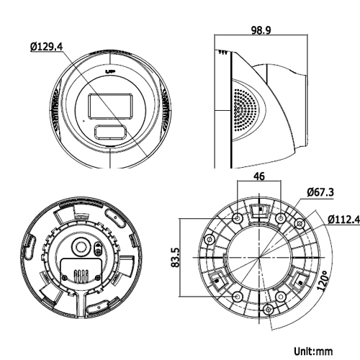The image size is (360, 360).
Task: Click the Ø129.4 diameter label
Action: [47, 46]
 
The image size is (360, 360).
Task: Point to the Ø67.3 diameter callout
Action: [320, 193]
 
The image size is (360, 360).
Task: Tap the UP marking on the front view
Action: [110, 72]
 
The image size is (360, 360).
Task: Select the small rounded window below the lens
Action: [111, 132]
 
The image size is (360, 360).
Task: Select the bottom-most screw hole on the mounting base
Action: [269, 310]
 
